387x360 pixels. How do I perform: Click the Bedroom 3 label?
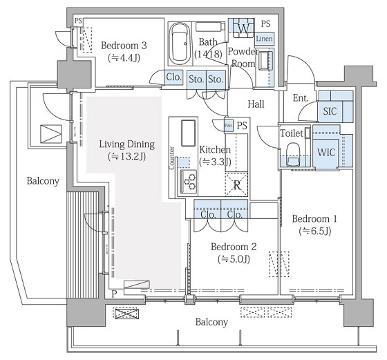(x=124, y=46)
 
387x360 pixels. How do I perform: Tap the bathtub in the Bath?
(x=180, y=44)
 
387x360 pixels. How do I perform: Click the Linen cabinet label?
(x=264, y=39)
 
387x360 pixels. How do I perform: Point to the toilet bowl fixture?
(x=293, y=154)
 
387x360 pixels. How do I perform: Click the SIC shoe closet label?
(x=330, y=111)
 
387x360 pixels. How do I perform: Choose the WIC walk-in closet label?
(x=326, y=153)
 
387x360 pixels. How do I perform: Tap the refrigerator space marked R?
(x=236, y=184)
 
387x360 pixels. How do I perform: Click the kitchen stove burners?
(x=189, y=182)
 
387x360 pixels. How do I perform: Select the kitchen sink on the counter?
(x=189, y=133)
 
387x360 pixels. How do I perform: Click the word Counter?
(x=172, y=158)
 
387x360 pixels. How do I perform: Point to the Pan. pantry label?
(x=229, y=126)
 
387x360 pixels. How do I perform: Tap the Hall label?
(x=256, y=104)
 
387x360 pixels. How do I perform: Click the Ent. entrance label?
(x=301, y=98)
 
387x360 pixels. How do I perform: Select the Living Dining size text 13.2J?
(x=126, y=156)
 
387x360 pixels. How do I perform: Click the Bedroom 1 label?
(x=314, y=219)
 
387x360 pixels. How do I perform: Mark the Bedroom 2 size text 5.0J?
(x=234, y=259)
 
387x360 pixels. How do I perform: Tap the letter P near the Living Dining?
(x=114, y=294)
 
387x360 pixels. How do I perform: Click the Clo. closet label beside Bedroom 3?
(x=173, y=77)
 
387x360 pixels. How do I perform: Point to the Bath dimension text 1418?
(x=208, y=54)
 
